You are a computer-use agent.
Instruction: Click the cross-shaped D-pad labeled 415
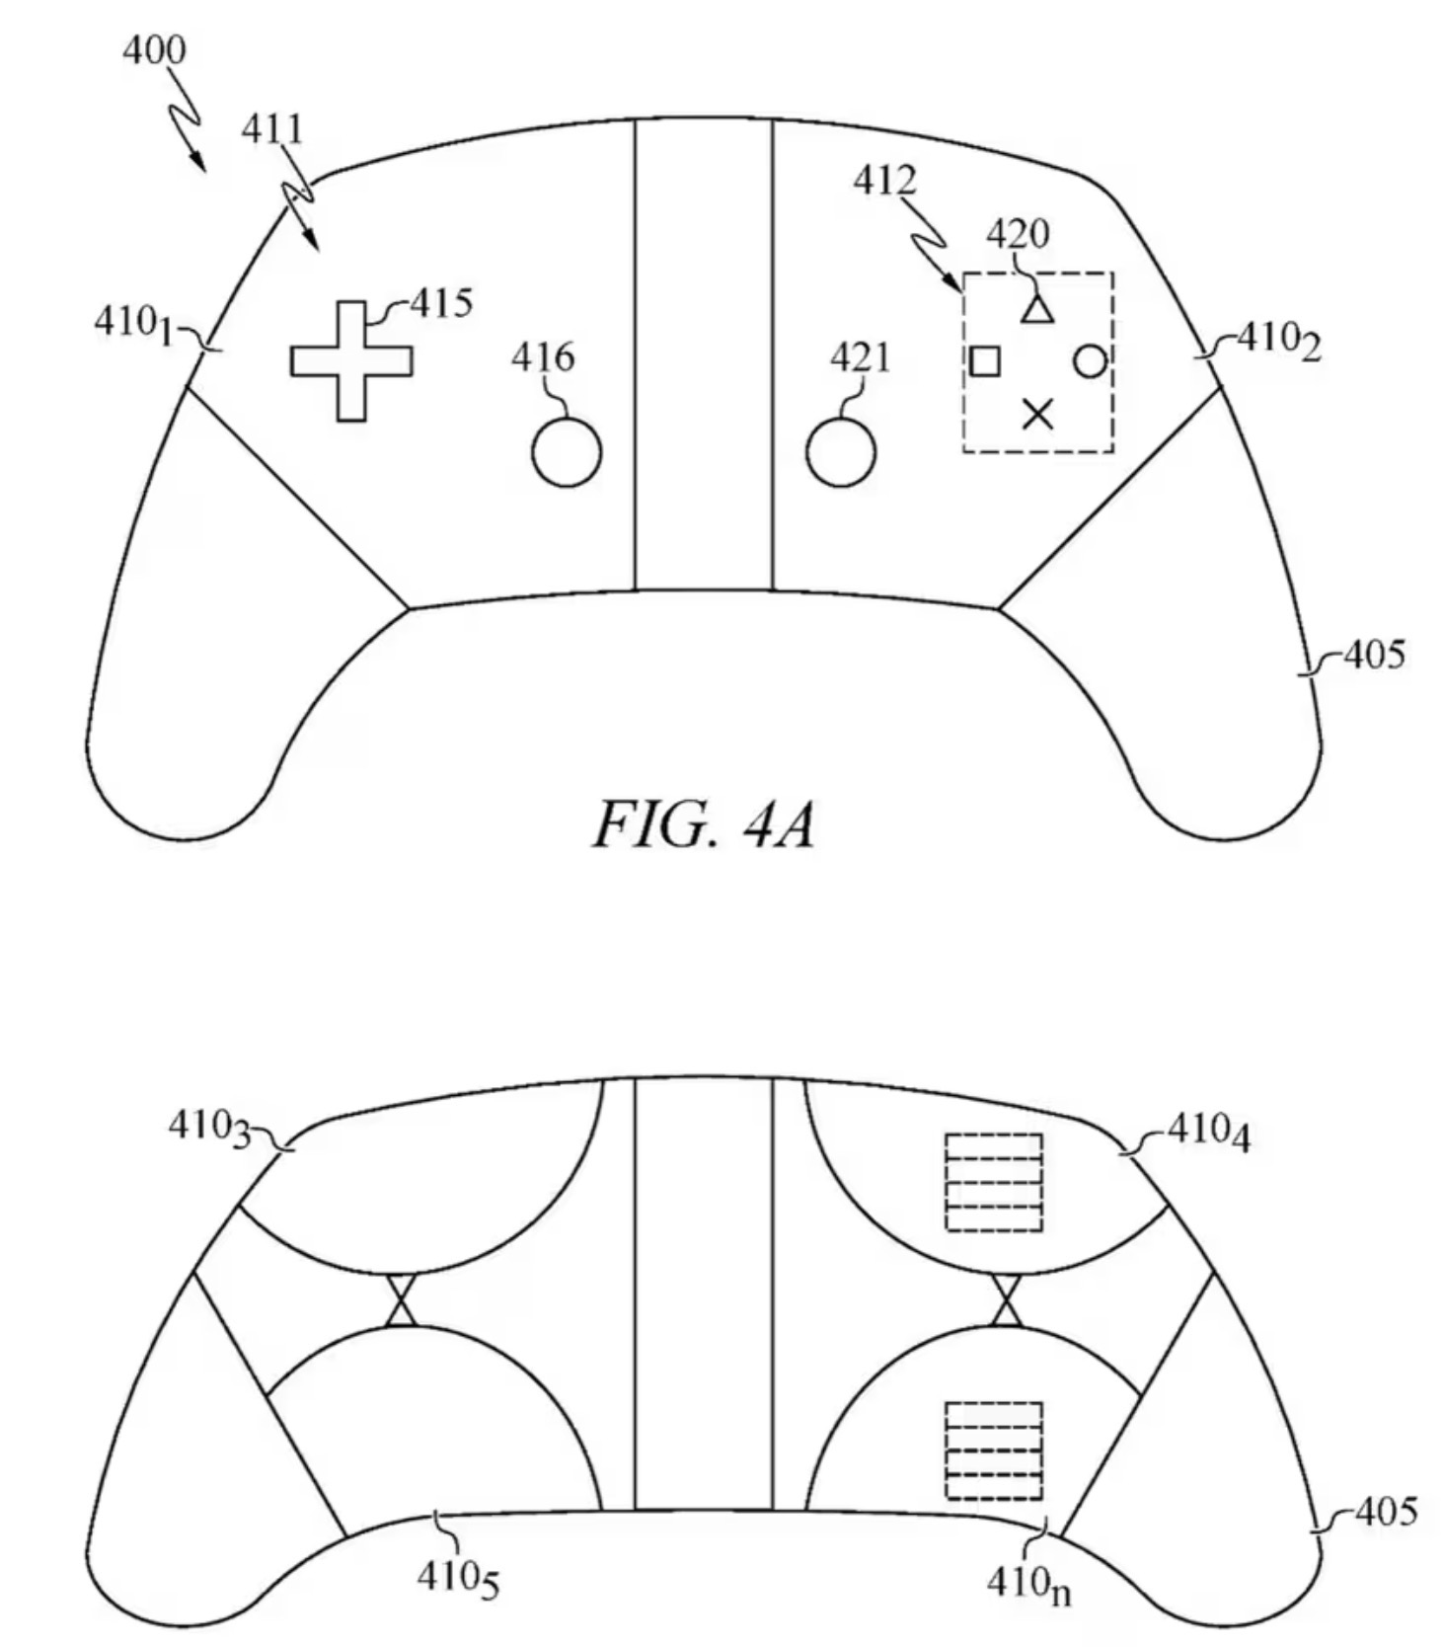pos(350,361)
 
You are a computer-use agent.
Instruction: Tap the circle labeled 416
pos(567,452)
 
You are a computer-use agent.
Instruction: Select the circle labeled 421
pos(840,452)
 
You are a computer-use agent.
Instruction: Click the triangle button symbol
pos(1036,310)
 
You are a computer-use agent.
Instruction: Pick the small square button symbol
pos(984,361)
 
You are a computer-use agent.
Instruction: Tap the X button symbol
pos(1036,414)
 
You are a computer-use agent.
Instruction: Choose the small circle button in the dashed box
pos(1090,361)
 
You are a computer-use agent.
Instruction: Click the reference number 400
pos(153,49)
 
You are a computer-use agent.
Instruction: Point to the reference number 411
pos(272,128)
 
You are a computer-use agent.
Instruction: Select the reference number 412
pos(884,180)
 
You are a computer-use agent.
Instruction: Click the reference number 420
pos(1018,234)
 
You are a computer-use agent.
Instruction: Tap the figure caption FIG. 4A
pos(704,825)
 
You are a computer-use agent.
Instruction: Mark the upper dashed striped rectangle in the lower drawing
pos(994,1182)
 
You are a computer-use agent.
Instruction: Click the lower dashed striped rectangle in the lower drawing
pos(994,1450)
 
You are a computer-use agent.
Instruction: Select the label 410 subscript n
pos(1028,1584)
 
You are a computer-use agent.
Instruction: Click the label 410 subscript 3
pos(209,1127)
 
